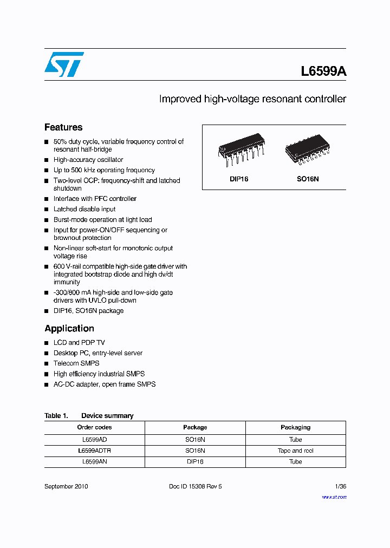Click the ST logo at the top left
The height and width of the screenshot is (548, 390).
pos(64,64)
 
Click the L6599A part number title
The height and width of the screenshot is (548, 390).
pos(323,71)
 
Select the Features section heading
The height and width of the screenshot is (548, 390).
pos(63,127)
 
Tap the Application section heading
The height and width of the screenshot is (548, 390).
pos(69,328)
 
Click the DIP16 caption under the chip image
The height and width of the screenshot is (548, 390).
pos(238,179)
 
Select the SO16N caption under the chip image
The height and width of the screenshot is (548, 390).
pos(307,179)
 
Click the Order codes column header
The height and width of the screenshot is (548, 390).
pos(94,427)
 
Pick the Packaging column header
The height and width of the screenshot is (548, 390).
pos(295,427)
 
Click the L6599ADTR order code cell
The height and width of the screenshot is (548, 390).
pos(94,451)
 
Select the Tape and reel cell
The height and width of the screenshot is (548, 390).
pos(295,451)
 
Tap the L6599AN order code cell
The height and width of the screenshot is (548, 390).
pos(94,462)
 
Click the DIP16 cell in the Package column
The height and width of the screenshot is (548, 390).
pos(195,462)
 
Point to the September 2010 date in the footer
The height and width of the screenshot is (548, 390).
pos(66,486)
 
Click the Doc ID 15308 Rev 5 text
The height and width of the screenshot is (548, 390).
pos(196,486)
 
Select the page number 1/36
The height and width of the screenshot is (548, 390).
pos(341,486)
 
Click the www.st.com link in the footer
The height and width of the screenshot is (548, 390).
pos(334,497)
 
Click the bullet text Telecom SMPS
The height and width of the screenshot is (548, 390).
pos(76,363)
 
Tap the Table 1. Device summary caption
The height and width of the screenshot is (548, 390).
pos(89,416)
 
